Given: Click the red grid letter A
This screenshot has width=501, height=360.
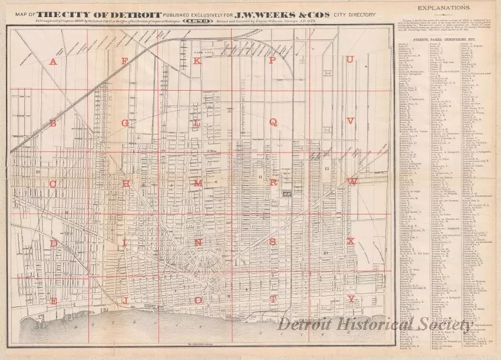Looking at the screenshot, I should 53,62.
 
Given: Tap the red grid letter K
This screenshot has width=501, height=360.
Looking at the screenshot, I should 198,61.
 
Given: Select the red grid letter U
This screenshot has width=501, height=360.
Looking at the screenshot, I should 350,61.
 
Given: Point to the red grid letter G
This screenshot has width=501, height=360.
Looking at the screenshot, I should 126,123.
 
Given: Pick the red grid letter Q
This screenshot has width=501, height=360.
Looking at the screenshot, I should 273,122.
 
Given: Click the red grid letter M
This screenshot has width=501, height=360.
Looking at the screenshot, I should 199,183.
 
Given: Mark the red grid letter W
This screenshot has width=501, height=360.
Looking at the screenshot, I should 352,183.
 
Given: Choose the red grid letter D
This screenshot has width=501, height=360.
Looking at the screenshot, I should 53,243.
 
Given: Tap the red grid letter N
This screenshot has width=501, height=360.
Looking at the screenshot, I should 199,242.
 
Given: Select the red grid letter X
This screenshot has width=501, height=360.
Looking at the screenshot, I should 351,241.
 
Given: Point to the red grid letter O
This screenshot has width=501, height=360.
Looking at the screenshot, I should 199,300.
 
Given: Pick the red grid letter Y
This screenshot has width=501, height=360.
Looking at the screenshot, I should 351,299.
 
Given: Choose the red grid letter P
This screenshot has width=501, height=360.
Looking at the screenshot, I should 273,61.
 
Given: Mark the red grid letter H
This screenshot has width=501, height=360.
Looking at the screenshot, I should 126,183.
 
